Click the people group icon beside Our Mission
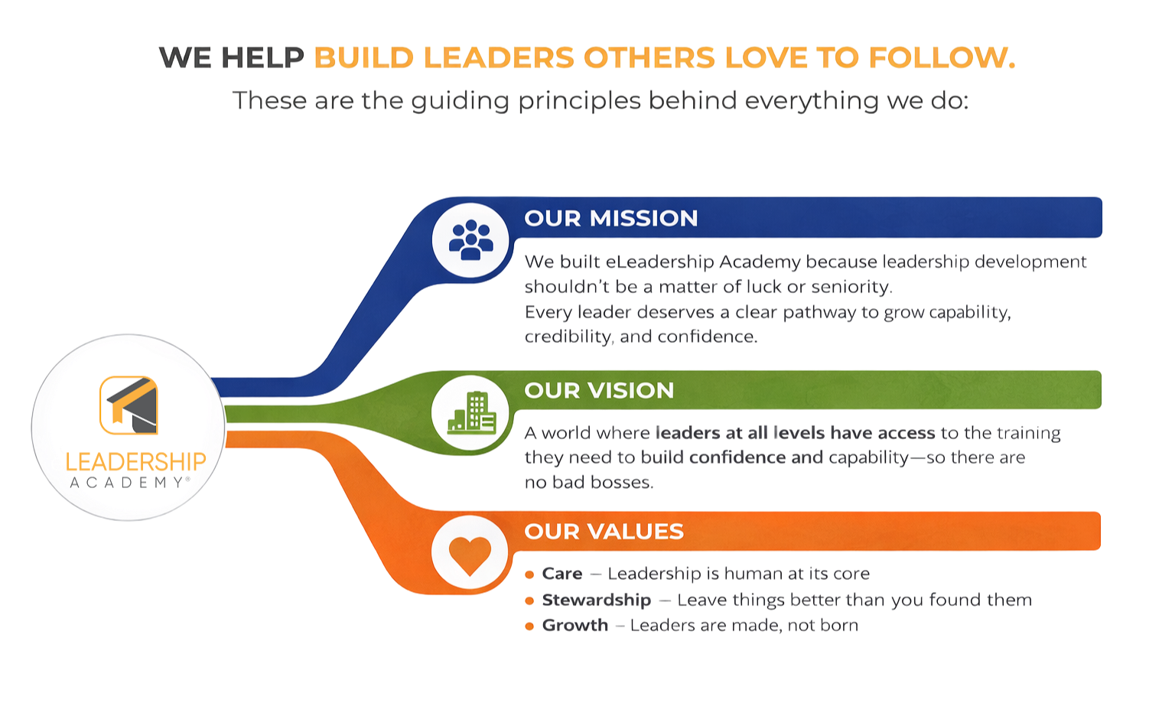coord(470,239)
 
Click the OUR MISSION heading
coord(610,219)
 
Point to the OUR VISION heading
coord(599,391)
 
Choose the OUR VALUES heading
coord(604,532)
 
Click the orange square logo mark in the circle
coord(129,405)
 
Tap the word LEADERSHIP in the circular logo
coord(135,462)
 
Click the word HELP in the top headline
coord(262,57)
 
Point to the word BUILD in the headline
coord(363,57)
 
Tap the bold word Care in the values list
coord(562,574)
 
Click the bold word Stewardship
coord(596,600)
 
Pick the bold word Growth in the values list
coord(575,625)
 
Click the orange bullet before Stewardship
coord(529,600)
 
